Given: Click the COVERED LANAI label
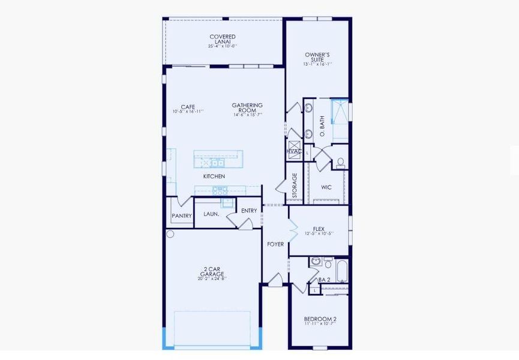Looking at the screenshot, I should pos(223,37).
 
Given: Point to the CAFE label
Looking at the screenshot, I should pos(188,107).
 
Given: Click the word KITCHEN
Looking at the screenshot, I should pos(214,176).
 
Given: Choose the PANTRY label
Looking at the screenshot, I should pos(181,216).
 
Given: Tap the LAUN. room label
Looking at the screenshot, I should pos(211,214).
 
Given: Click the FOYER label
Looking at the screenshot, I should pos(275,244).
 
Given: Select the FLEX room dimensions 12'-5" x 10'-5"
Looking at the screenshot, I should pos(319,233).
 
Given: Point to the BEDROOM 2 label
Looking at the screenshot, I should pos(320,319).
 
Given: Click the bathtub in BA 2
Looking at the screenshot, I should pos(341,271).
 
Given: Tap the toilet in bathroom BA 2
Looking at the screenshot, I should pos(328,263).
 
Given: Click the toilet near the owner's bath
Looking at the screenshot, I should pos(340,162).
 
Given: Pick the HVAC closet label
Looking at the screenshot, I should pos(294,152).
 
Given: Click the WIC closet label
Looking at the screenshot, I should pos(326,187).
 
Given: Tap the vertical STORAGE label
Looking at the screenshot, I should pos(295,186).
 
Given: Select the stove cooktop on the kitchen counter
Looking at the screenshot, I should pos(219,190).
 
